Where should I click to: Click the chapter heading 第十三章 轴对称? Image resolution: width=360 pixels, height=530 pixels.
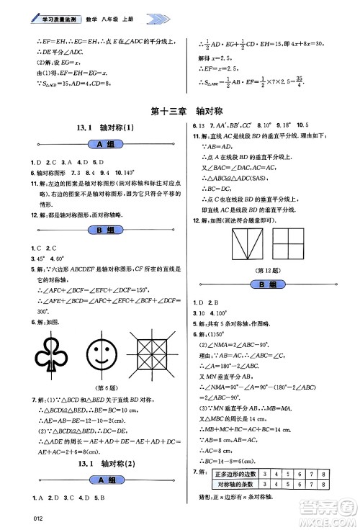point(181,112)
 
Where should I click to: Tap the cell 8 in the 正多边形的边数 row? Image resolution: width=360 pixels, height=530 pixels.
point(325,473)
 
